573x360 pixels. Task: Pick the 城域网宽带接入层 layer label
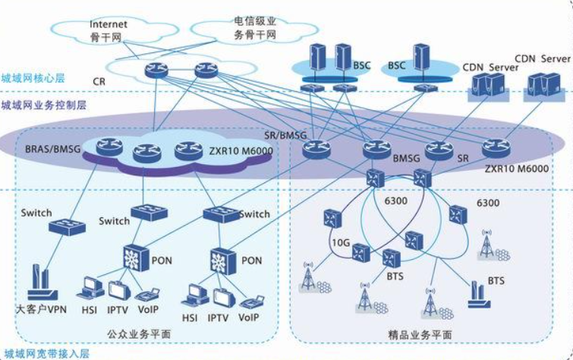click(37, 353)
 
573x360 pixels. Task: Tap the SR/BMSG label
click(284, 135)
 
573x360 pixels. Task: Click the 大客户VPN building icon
click(43, 280)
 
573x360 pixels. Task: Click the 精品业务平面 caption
click(427, 334)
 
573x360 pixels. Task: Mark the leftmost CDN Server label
click(491, 67)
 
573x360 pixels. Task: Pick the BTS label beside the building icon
click(496, 281)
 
